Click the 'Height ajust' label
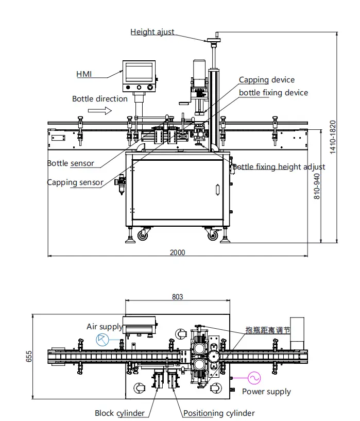[152, 32]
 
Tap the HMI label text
[84, 74]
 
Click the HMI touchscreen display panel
[139, 72]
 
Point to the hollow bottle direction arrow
[100, 110]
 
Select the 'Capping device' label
[267, 80]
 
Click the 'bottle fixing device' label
[273, 93]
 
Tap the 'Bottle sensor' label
[71, 163]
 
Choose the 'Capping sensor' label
[75, 182]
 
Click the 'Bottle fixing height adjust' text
[279, 167]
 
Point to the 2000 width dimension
[177, 252]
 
